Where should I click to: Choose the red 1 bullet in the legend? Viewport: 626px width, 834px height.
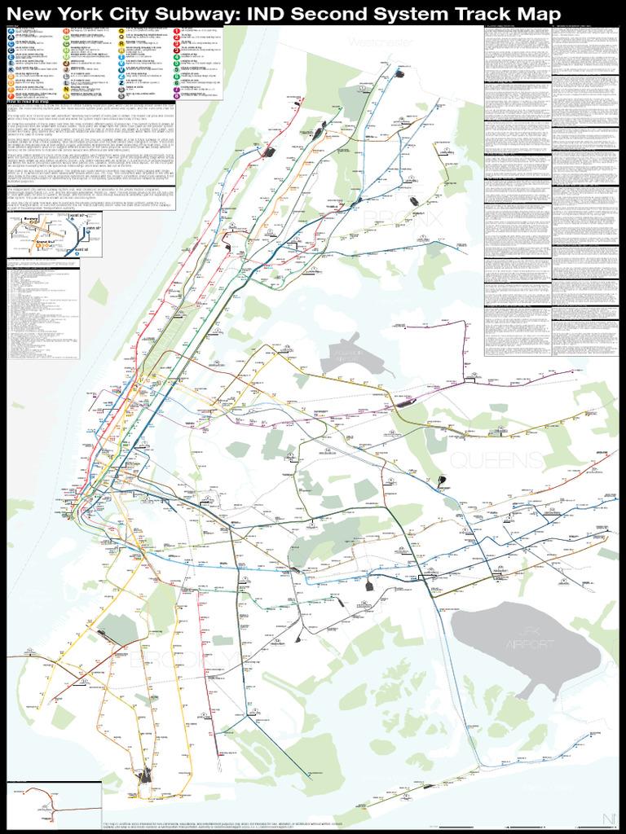176,30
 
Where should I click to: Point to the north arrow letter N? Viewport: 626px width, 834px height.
608,819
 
